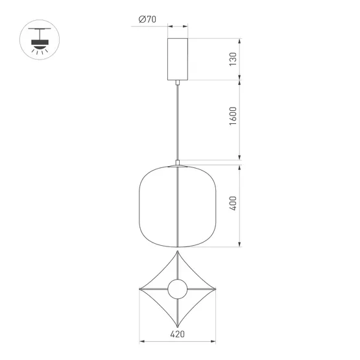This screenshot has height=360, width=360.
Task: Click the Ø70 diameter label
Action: [x=147, y=20]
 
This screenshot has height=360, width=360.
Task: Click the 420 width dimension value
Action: [x=177, y=337]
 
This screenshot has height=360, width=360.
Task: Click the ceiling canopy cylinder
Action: [x=178, y=59]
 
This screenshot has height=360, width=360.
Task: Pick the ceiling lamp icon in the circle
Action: [x=39, y=41]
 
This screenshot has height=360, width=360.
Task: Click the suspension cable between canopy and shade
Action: [x=178, y=120]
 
